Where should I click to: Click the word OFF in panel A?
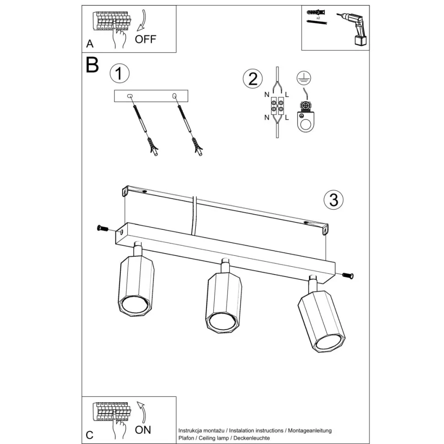click(145, 39)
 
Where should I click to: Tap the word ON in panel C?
click(143, 430)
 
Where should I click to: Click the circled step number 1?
click(119, 73)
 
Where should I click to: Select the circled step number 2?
click(253, 79)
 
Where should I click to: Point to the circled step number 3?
click(334, 200)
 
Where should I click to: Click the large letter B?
click(92, 65)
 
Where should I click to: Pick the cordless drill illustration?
click(354, 28)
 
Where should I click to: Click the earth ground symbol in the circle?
click(304, 78)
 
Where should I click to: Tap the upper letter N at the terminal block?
click(267, 95)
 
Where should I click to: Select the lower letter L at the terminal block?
click(287, 117)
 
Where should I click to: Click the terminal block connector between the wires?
click(277, 106)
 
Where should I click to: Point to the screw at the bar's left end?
click(103, 228)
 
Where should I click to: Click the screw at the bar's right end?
click(348, 275)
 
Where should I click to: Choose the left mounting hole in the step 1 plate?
click(130, 96)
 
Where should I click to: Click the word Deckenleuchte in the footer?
click(252, 438)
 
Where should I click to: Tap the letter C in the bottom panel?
click(89, 435)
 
